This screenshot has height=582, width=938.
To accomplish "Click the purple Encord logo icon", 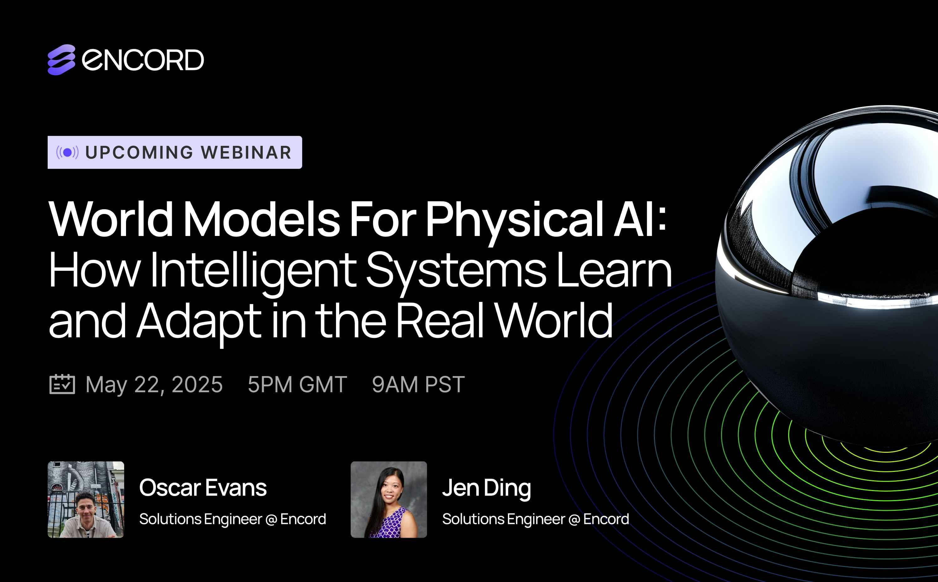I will [x=61, y=60].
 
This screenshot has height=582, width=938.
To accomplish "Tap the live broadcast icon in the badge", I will [x=67, y=152].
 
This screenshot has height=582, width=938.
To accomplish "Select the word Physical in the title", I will [x=514, y=219].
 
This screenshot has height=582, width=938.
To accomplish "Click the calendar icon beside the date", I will [x=62, y=384].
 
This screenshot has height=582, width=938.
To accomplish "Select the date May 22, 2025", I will [x=154, y=384].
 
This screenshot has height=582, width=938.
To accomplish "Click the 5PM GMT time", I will [x=297, y=384].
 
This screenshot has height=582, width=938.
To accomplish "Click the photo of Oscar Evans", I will [x=86, y=499].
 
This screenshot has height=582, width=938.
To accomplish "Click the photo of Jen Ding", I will [x=388, y=499].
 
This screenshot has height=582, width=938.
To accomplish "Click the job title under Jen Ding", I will [x=535, y=519].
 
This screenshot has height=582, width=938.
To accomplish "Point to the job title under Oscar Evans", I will [x=232, y=519].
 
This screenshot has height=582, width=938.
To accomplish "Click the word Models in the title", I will [x=261, y=219].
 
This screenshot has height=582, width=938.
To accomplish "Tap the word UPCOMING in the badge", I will [x=139, y=152].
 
